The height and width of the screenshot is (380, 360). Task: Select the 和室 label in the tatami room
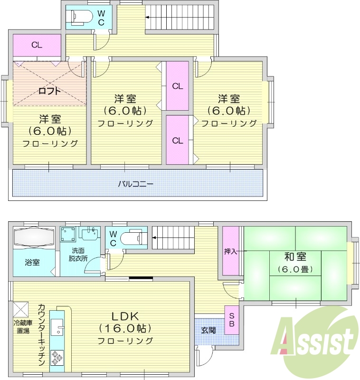(295, 257)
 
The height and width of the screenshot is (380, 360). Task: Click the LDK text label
(124, 316)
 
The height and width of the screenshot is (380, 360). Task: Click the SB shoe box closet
(232, 320)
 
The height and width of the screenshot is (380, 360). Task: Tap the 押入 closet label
(231, 251)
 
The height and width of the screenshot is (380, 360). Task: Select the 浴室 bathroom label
(32, 262)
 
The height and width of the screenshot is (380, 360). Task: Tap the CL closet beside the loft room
(37, 46)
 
